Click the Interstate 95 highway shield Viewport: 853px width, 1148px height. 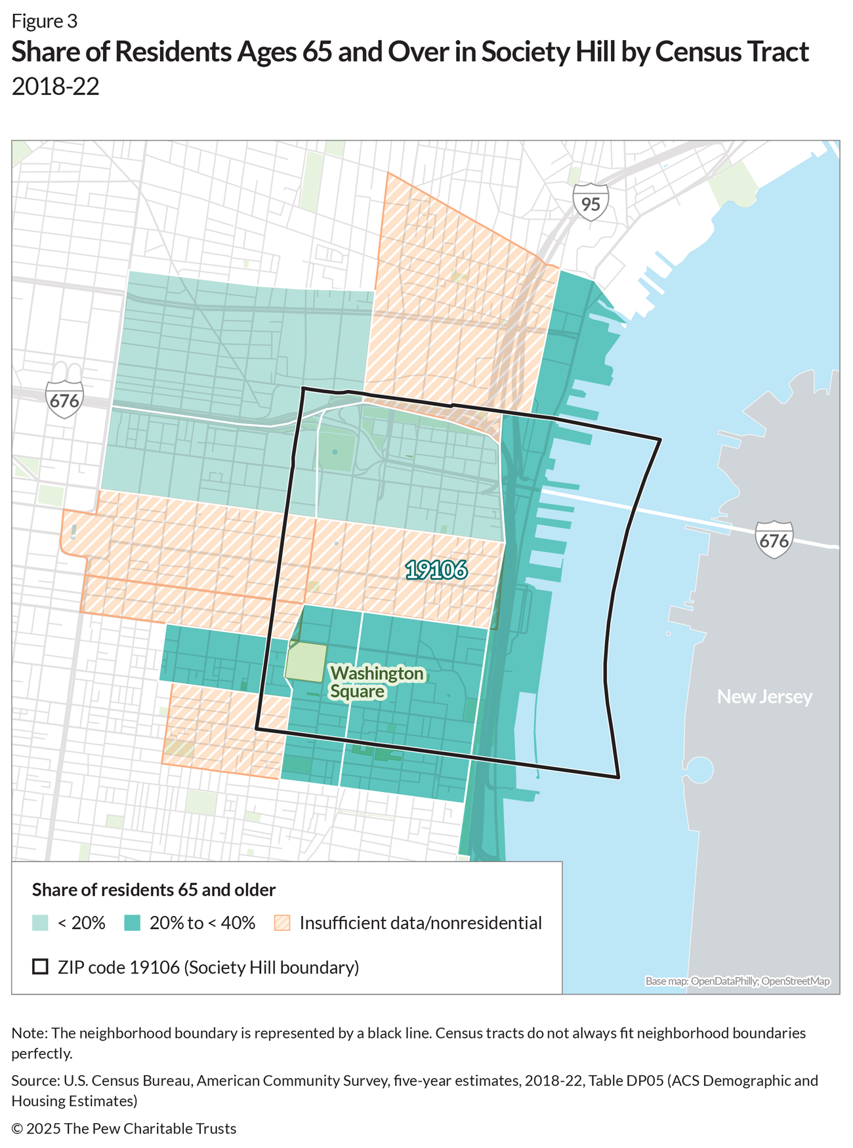591,202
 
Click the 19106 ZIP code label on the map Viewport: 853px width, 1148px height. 436,570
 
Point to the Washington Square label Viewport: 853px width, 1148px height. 376,682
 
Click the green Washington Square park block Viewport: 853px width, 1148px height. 306,662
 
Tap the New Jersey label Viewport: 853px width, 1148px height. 764,696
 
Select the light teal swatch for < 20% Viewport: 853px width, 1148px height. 41,923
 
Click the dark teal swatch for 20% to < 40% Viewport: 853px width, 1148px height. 133,923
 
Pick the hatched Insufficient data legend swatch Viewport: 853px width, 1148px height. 282,923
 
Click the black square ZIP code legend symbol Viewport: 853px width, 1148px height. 41,967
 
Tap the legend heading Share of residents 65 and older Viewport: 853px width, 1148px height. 154,890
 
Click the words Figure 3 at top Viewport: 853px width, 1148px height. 44,22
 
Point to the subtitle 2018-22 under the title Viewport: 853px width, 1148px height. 55,87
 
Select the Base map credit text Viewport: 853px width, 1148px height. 737,981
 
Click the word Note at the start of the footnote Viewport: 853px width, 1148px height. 28,1033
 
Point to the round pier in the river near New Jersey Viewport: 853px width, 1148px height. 699,770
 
